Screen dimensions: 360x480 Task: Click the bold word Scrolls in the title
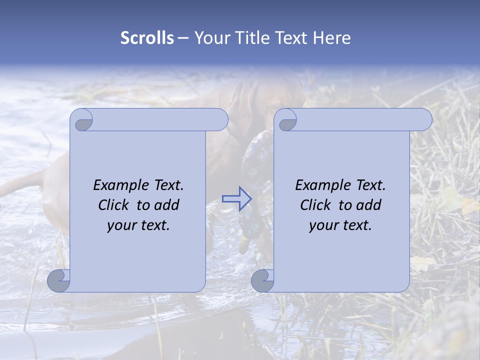pyautogui.click(x=147, y=38)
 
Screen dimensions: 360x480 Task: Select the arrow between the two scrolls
pyautogui.click(x=236, y=199)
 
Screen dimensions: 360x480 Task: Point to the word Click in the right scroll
pyautogui.click(x=315, y=205)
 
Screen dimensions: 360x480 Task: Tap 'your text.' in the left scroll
pyautogui.click(x=138, y=225)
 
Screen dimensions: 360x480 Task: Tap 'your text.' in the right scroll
pyautogui.click(x=340, y=225)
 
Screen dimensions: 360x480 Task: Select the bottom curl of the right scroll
pyautogui.click(x=262, y=281)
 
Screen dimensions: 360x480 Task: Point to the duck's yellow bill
pyautogui.click(x=244, y=244)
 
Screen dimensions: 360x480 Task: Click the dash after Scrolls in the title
pyautogui.click(x=183, y=38)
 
